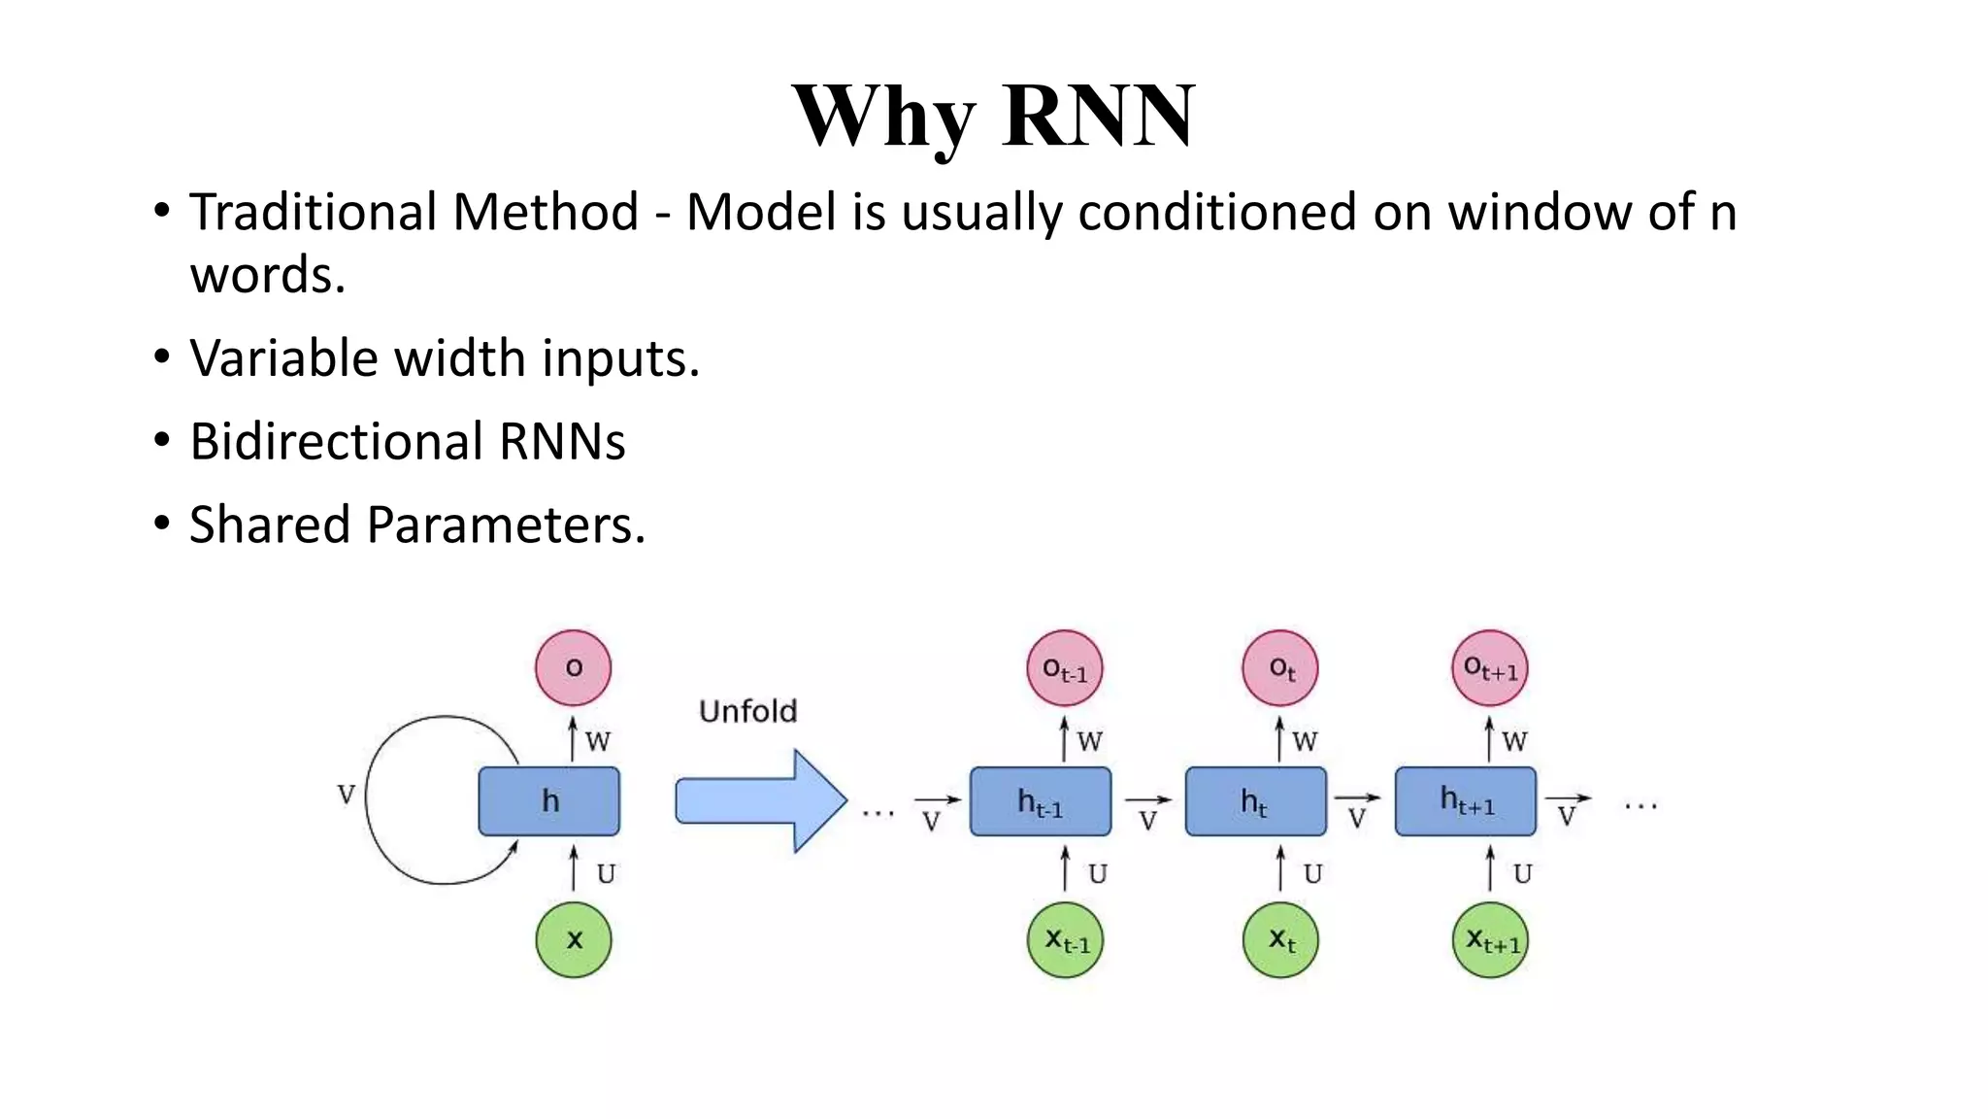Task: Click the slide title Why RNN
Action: [x=993, y=117]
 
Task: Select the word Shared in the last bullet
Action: [x=269, y=525]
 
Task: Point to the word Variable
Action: [x=283, y=358]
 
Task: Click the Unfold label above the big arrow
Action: [x=747, y=711]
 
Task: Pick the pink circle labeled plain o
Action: [x=574, y=667]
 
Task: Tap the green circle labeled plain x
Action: [x=574, y=939]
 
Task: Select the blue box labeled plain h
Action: [x=548, y=801]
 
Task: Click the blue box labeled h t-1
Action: [x=1041, y=801]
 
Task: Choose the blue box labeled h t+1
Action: [x=1466, y=801]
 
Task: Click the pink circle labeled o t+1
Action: [x=1490, y=667]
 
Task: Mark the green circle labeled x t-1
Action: [x=1066, y=939]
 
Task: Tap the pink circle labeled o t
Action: [x=1280, y=667]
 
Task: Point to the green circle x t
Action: [x=1280, y=939]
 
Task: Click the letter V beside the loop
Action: [x=346, y=795]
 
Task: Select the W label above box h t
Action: [x=1305, y=741]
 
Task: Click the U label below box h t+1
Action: [x=1522, y=874]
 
